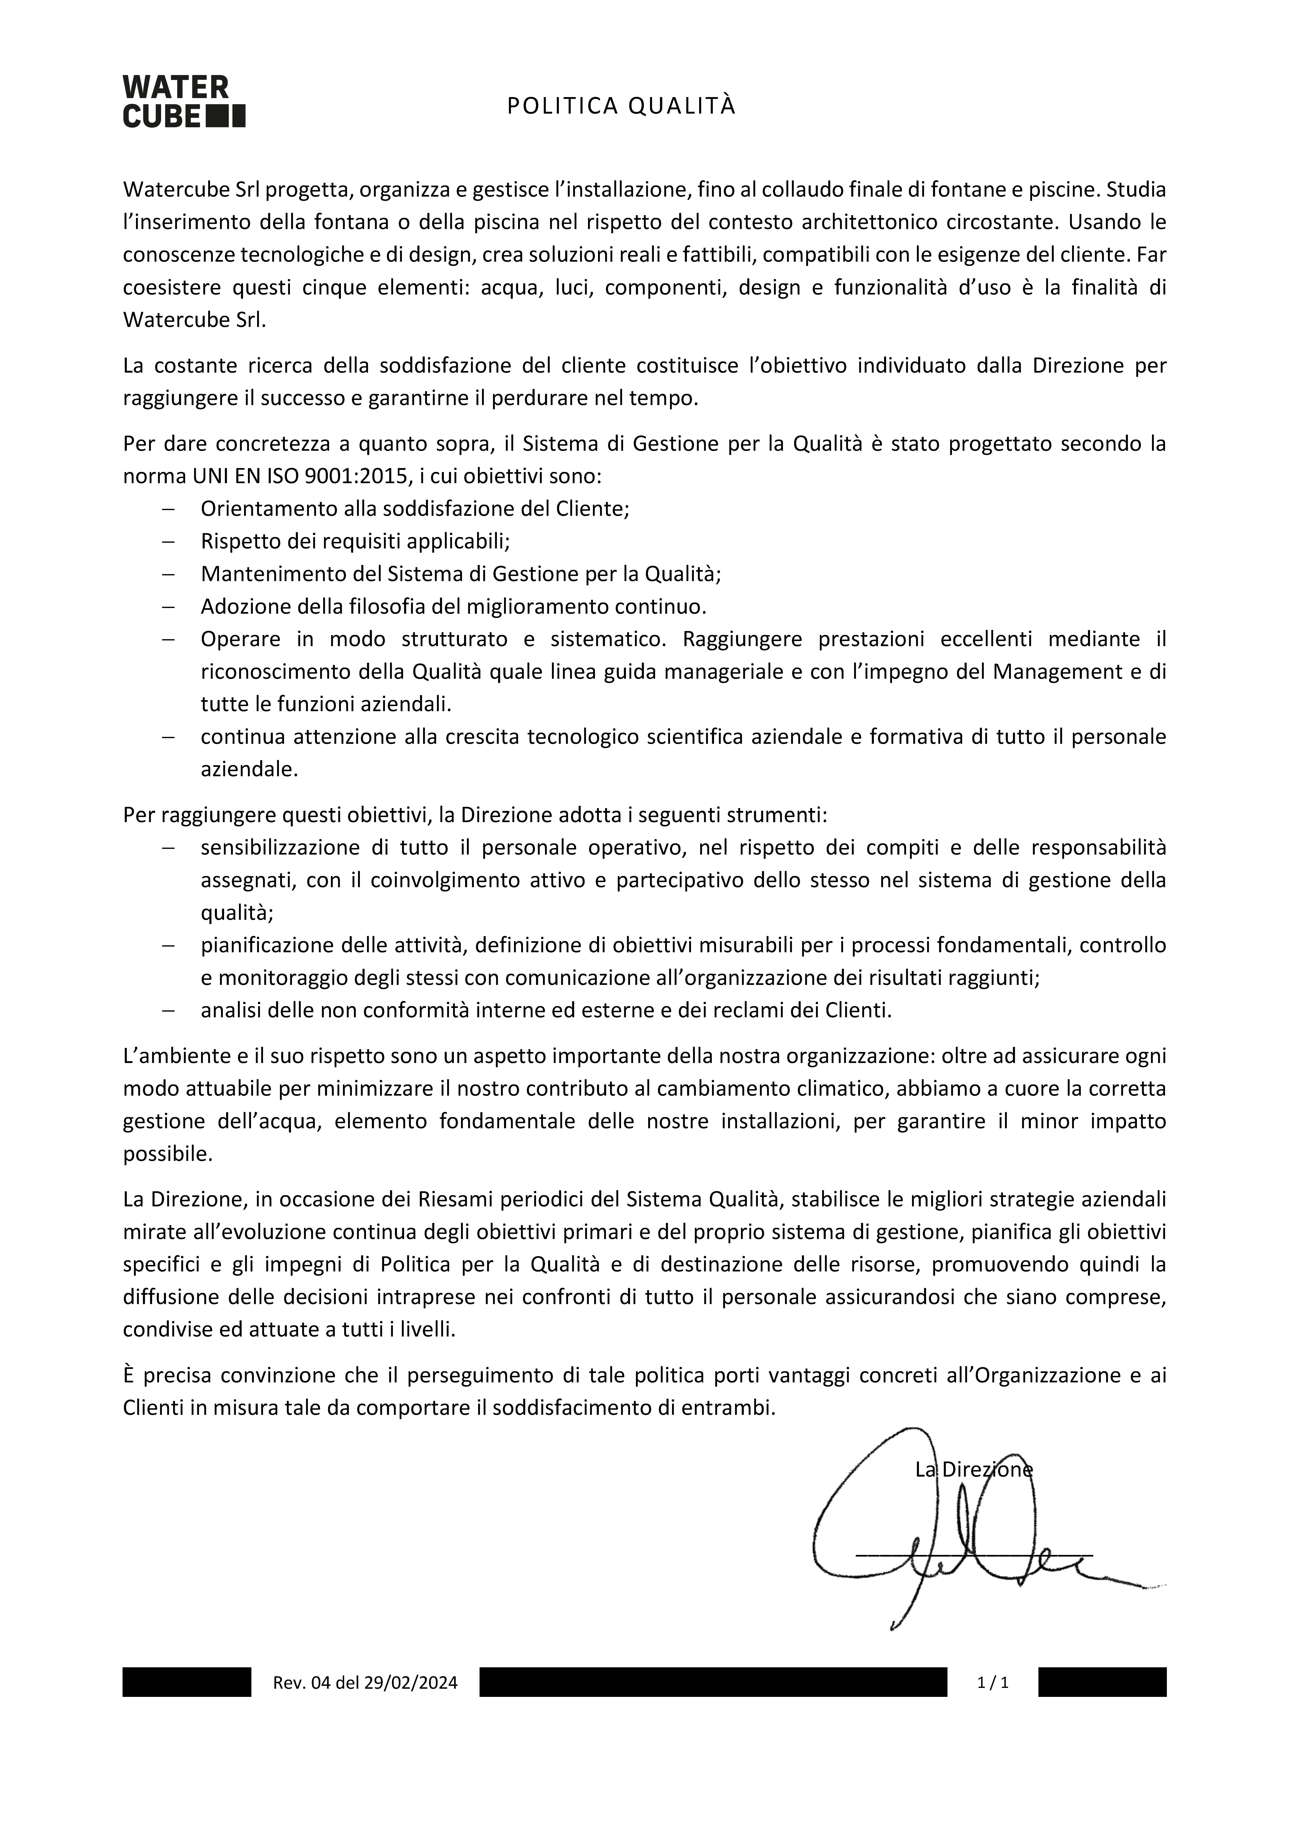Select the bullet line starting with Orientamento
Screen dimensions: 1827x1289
coord(415,508)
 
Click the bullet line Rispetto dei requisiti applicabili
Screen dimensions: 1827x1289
coord(355,541)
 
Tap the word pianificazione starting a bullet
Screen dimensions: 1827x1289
coord(267,945)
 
